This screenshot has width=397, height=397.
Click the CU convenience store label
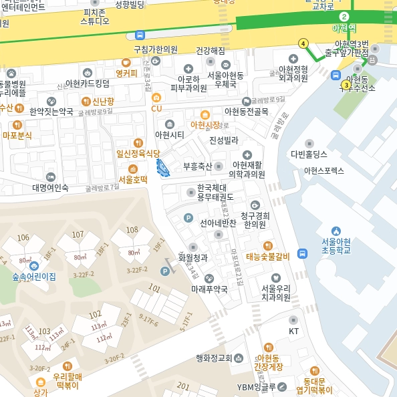pyautogui.click(x=156, y=108)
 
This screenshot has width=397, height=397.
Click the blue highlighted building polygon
pyautogui.click(x=162, y=168)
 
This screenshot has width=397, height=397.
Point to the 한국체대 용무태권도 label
pyautogui.click(x=215, y=192)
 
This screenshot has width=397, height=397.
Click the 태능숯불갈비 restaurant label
pyautogui.click(x=267, y=256)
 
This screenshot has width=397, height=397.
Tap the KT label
pyautogui.click(x=293, y=331)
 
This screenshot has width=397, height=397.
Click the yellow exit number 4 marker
pyautogui.click(x=303, y=43)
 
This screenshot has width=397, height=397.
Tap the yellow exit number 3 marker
pyautogui.click(x=346, y=85)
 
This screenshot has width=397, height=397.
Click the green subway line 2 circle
pyautogui.click(x=344, y=17)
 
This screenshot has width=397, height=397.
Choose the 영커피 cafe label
pyautogui.click(x=126, y=73)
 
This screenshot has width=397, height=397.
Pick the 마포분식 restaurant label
pyautogui.click(x=17, y=135)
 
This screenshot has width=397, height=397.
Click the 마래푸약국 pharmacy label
pyautogui.click(x=209, y=289)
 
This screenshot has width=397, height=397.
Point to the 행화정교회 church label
pyautogui.click(x=214, y=358)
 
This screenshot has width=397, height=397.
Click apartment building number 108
pyautogui.click(x=132, y=231)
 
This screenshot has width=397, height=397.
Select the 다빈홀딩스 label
pyautogui.click(x=308, y=154)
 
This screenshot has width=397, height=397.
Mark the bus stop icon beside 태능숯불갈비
pyautogui.click(x=302, y=254)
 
